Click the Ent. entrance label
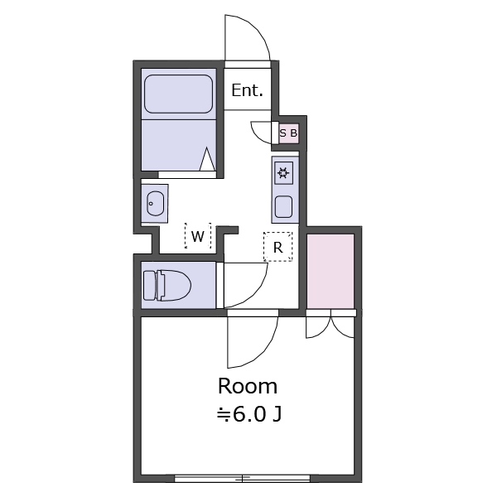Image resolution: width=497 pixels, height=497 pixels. click(247, 90)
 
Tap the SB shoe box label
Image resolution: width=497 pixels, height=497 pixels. click(288, 133)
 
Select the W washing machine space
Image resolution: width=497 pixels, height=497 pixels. click(198, 236)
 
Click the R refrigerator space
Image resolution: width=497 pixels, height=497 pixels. click(278, 247)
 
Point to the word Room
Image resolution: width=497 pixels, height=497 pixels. click(248, 386)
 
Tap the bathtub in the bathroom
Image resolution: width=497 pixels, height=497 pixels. click(178, 94)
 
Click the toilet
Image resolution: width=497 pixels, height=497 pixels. click(167, 285)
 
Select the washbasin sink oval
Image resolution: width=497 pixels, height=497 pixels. click(156, 204)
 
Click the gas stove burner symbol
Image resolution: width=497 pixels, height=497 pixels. click(283, 173)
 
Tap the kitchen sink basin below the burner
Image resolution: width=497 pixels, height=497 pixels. click(283, 206)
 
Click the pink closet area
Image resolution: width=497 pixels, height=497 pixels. click(331, 271)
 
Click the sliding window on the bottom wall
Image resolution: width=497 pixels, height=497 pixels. click(243, 478)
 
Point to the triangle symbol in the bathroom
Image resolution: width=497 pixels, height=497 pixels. click(207, 159)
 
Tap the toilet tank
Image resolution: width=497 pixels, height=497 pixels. click(149, 285)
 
